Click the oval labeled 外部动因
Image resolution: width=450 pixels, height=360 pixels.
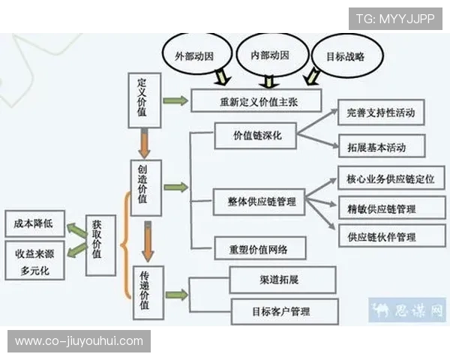pyautogui.click(x=194, y=55)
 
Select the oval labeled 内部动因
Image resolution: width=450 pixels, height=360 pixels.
pyautogui.click(x=274, y=55)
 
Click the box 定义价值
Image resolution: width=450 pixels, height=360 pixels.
pyautogui.click(x=142, y=95)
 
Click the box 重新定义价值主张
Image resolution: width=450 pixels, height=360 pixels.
pyautogui.click(x=255, y=101)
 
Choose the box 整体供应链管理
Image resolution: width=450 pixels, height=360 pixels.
pyautogui.click(x=255, y=202)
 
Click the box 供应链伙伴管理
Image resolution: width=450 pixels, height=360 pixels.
pyautogui.click(x=386, y=237)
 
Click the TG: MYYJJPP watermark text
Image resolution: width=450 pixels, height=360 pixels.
pyautogui.click(x=394, y=18)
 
